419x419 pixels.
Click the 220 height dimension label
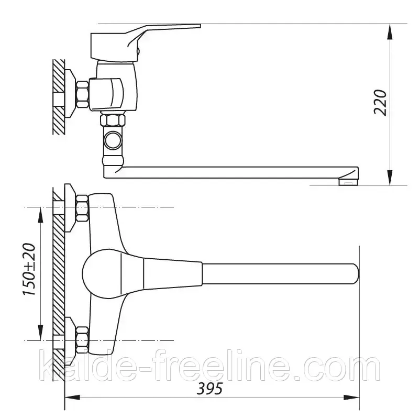380,102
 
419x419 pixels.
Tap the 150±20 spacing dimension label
29,269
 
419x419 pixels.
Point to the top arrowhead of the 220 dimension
390,31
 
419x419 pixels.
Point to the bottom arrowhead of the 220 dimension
390,177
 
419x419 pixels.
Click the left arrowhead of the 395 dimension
73,398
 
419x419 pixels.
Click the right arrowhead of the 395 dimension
351,398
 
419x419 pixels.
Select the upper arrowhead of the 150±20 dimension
40,215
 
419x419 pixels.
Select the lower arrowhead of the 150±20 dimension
40,333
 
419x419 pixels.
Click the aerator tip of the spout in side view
348,182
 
